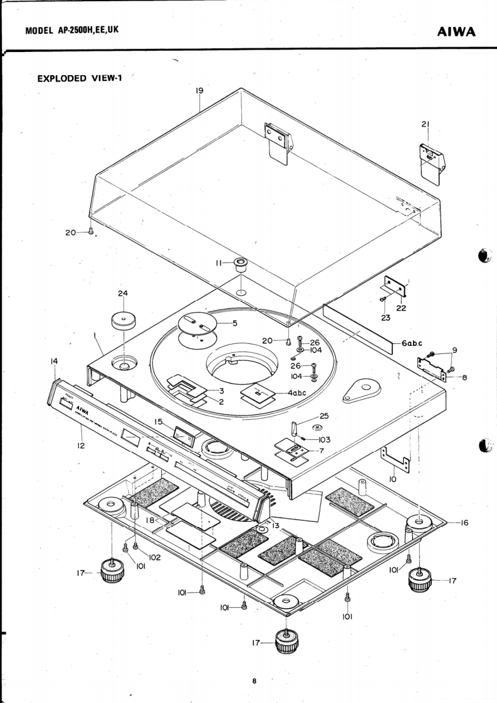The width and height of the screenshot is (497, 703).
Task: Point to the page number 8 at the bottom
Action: (254, 682)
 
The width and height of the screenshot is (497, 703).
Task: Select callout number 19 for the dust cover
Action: (199, 91)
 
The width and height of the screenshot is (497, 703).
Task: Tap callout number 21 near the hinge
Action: (425, 125)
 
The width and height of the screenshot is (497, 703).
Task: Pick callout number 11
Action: (219, 264)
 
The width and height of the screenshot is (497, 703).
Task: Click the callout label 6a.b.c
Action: (412, 343)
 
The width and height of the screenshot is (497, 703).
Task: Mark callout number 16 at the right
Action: (464, 522)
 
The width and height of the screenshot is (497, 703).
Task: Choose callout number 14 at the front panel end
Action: (55, 361)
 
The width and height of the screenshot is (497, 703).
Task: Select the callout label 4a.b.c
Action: (296, 393)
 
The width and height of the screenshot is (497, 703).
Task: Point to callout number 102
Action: (154, 557)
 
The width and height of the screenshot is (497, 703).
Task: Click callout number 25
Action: (323, 416)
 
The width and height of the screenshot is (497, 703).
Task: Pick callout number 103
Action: (325, 440)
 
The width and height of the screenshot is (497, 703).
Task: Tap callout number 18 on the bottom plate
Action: (150, 519)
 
